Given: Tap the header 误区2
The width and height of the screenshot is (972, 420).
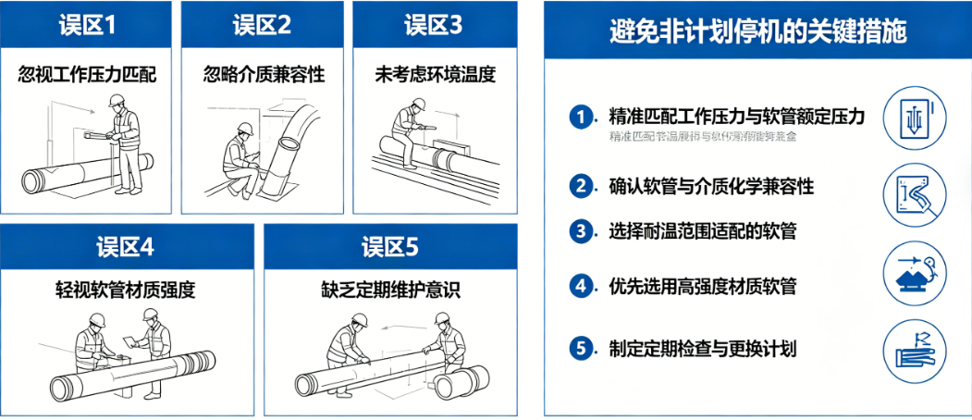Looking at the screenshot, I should [264, 25].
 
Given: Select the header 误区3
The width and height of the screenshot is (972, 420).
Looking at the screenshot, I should [434, 25].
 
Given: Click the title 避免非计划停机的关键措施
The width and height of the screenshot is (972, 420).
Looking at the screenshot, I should [757, 31].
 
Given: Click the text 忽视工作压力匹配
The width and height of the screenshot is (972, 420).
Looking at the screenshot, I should [87, 75].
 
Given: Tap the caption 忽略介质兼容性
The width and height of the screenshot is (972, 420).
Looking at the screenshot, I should [264, 75].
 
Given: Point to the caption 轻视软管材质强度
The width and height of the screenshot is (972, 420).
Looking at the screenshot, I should [126, 290].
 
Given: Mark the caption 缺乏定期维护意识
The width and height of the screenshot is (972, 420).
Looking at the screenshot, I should [391, 290].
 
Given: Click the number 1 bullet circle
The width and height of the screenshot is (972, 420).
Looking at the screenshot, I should [581, 117].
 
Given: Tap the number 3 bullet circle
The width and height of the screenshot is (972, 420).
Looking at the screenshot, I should [581, 230].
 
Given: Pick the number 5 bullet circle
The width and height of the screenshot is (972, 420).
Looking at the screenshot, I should [581, 349].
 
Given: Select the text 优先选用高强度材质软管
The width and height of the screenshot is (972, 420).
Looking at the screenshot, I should [703, 286].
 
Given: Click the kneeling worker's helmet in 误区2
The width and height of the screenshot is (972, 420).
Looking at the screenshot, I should [242, 132].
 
